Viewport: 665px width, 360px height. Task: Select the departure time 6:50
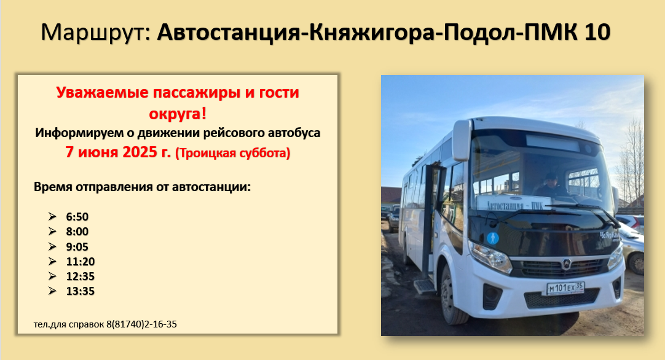[x=77, y=217]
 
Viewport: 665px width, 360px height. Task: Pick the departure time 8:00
[x=77, y=232]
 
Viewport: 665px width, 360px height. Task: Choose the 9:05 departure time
[x=77, y=246]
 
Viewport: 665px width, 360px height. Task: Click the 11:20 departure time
[x=80, y=261]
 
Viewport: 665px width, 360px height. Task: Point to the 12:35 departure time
[x=80, y=276]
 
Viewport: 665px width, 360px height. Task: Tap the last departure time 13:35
[x=80, y=291]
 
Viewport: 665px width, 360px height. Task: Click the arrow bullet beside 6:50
[x=52, y=216]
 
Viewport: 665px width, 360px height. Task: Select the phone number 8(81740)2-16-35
[x=141, y=324]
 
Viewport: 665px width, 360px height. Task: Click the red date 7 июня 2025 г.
[x=118, y=152]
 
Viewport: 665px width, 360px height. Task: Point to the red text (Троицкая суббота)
[x=232, y=152]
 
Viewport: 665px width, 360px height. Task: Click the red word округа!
[x=178, y=114]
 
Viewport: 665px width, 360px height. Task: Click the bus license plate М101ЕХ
[x=565, y=288]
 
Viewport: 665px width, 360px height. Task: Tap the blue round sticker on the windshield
[x=492, y=238]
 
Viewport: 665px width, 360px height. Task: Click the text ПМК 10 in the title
[x=567, y=32]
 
